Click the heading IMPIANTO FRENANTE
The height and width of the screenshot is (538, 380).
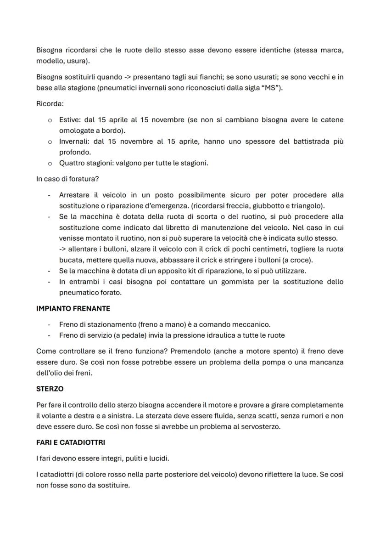tap(73, 308)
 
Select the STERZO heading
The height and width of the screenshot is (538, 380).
tap(50, 388)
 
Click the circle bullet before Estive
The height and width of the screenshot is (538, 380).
tap(50, 120)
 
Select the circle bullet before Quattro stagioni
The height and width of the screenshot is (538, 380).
tap(50, 163)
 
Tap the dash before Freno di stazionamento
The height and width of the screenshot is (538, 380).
tap(49, 324)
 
